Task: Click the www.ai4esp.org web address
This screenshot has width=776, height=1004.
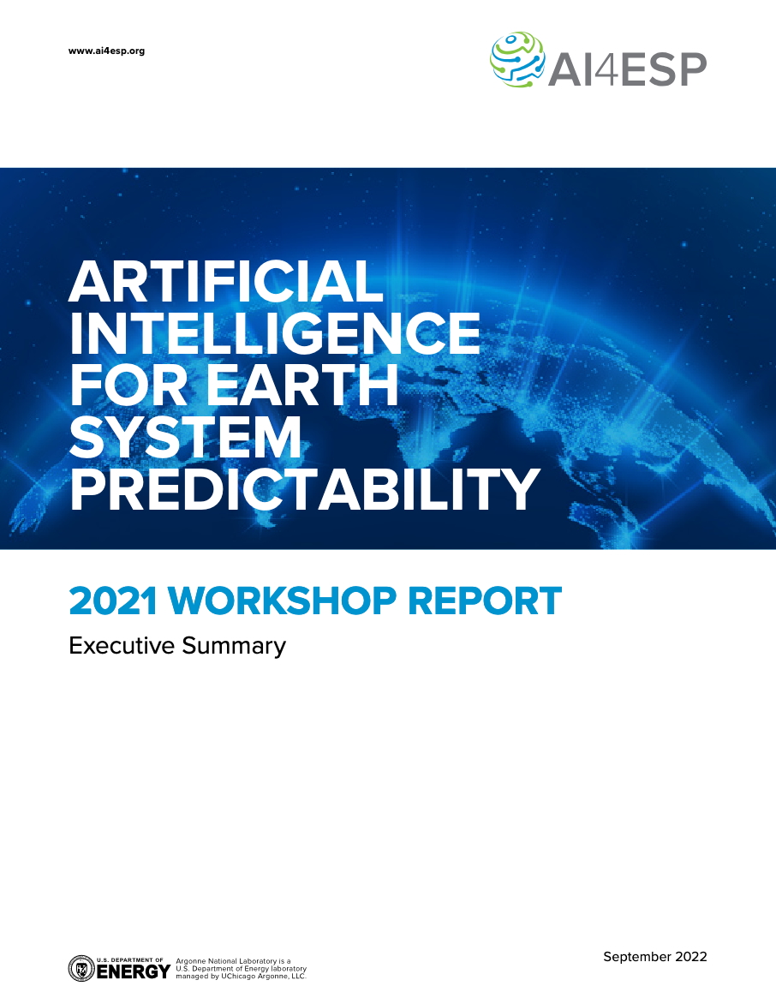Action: (x=106, y=51)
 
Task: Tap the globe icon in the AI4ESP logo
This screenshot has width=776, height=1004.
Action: (x=517, y=60)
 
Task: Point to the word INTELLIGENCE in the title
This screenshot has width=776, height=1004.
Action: (x=275, y=332)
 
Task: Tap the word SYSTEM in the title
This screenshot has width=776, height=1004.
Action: (x=185, y=437)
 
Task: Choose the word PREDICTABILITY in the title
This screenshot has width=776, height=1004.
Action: (x=305, y=488)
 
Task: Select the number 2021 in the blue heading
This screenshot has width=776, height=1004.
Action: (x=113, y=601)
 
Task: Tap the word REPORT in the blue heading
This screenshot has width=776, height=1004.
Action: (x=485, y=601)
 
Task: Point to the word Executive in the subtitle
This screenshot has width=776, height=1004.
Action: (x=122, y=645)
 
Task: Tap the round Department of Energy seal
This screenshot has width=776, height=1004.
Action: (x=81, y=968)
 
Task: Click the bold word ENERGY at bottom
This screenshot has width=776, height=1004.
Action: (x=134, y=971)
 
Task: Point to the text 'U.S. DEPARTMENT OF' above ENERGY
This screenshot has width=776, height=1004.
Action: (x=130, y=959)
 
